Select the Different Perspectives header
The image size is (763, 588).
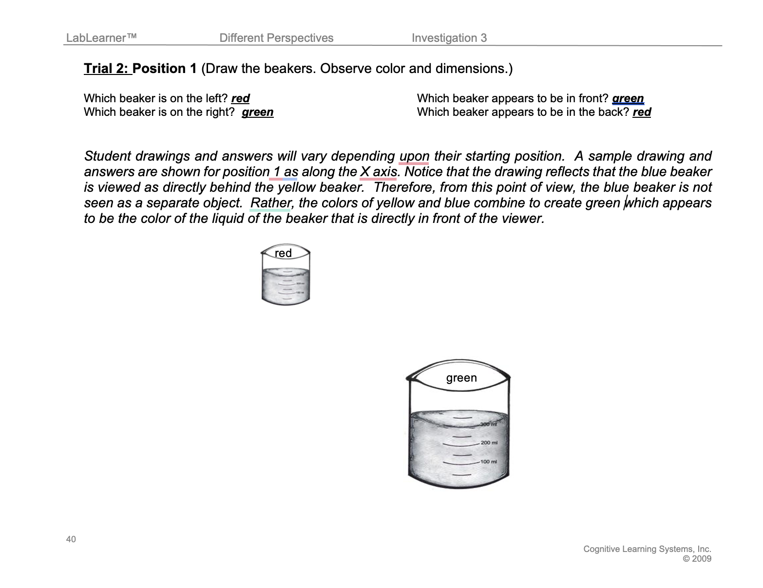[276, 38]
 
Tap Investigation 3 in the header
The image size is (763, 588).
[449, 38]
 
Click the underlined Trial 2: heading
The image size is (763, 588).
[107, 69]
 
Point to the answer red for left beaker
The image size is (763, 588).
[240, 98]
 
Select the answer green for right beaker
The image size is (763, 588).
[257, 112]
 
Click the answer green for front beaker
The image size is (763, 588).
[628, 98]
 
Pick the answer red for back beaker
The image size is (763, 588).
[642, 112]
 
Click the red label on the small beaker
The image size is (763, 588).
[283, 253]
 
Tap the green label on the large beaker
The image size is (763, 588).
[461, 378]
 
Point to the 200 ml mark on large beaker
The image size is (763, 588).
[489, 442]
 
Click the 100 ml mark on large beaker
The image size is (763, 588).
[489, 461]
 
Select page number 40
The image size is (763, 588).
[71, 539]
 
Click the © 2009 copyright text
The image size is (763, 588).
[697, 559]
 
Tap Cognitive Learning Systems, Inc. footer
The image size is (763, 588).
[647, 549]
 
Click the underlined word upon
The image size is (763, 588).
[414, 156]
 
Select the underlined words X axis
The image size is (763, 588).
[378, 172]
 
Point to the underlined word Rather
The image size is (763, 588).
[270, 203]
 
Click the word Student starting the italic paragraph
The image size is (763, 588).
[108, 156]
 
